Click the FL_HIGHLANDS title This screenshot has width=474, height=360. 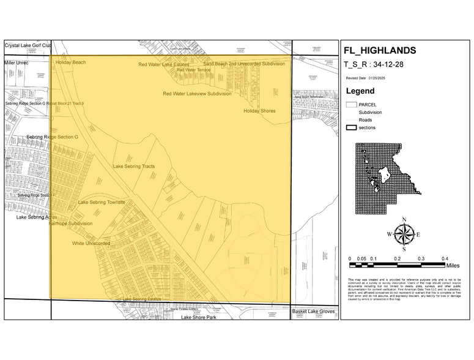(379, 50)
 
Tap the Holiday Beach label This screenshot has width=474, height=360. (70, 62)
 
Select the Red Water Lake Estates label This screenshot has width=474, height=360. (164, 64)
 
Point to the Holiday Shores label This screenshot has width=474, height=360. (259, 111)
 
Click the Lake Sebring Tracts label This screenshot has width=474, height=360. (133, 167)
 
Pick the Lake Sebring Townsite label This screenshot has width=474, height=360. (102, 202)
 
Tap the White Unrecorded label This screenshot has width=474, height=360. (91, 243)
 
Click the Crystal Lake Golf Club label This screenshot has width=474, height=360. (28, 45)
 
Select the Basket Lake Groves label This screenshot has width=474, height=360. (313, 312)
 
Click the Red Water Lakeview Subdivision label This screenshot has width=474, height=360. (197, 94)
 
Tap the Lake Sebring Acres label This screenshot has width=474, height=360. (37, 217)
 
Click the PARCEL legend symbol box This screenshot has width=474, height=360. (351, 105)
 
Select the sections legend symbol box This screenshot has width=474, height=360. (351, 127)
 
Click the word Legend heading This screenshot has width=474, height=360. (360, 91)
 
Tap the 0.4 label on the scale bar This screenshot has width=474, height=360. (445, 259)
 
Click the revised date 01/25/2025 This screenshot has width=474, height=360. (380, 78)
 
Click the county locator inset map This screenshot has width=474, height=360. (388, 170)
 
